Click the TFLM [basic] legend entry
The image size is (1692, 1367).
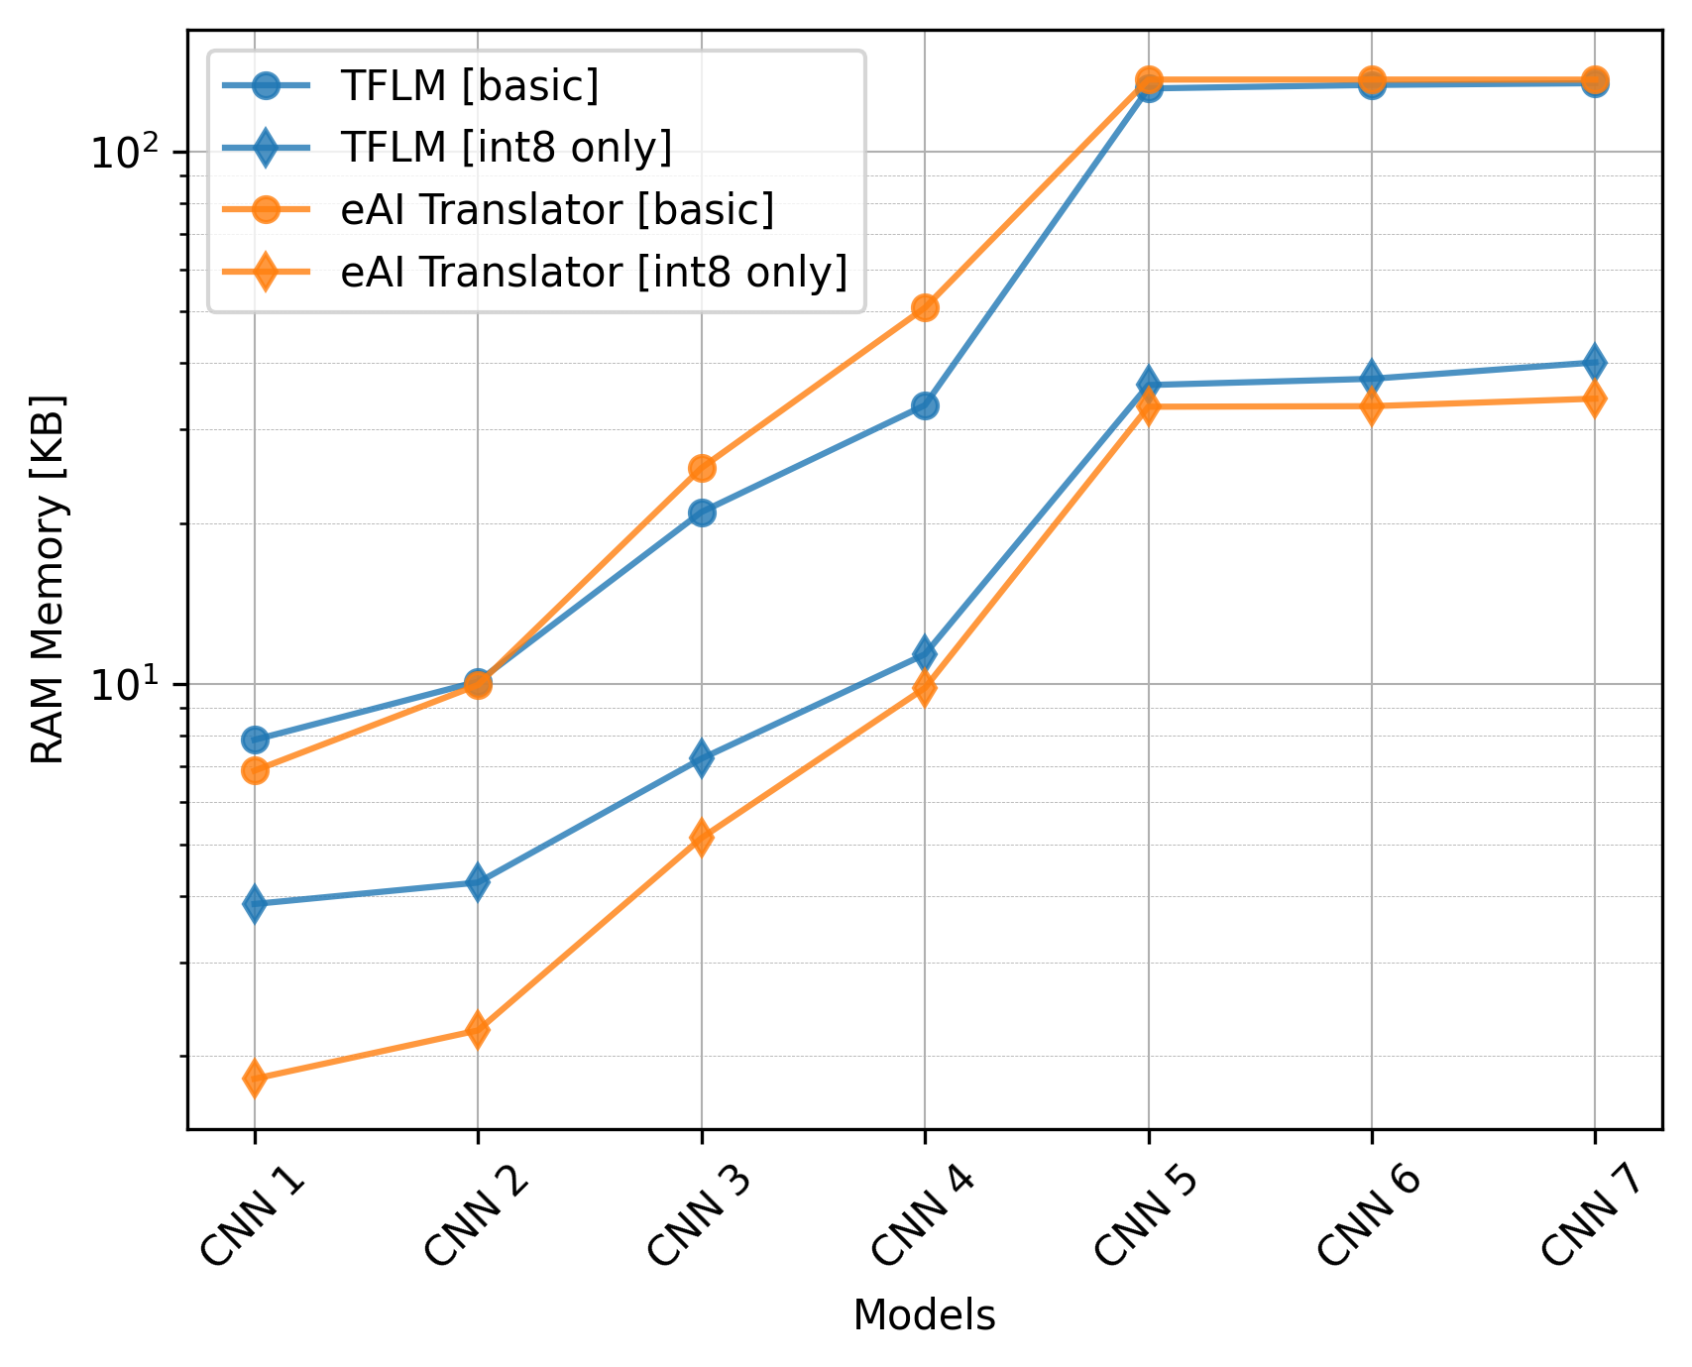click(x=469, y=86)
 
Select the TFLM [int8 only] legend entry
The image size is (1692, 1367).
click(x=506, y=148)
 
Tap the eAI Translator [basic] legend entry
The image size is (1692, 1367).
click(x=556, y=209)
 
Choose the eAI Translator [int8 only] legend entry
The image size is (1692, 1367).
click(x=593, y=271)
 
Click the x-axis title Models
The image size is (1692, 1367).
click(x=924, y=1315)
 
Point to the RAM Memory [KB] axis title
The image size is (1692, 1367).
click(x=48, y=580)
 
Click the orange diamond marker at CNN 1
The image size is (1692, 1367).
click(x=255, y=1078)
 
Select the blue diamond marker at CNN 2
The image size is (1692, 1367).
click(x=478, y=881)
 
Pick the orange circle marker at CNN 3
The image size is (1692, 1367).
click(x=702, y=468)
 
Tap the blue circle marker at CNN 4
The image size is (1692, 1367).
click(x=925, y=405)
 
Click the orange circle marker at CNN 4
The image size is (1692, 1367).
click(x=925, y=307)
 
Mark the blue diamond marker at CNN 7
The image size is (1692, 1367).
click(x=1594, y=362)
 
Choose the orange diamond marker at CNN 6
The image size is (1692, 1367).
click(x=1371, y=405)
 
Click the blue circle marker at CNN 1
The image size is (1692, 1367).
click(x=255, y=740)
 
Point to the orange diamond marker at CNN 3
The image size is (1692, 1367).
click(x=702, y=838)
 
